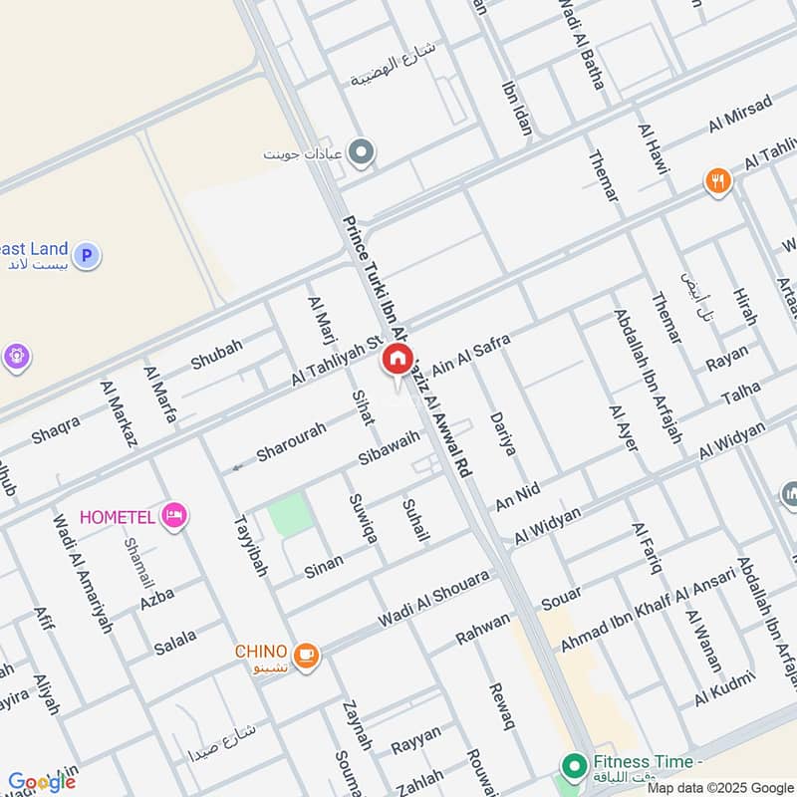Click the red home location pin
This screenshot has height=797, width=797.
397,360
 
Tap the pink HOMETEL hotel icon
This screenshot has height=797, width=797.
175,515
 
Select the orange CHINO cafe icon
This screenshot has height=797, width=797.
306,655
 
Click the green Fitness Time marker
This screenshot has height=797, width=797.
573,766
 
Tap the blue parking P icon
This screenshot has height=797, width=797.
88,256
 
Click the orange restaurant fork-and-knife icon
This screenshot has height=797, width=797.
717,181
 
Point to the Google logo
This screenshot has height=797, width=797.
41,782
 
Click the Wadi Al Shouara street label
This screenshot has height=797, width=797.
433,599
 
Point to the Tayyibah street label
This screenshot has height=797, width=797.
250,546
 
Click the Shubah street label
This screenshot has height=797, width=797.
216,354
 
